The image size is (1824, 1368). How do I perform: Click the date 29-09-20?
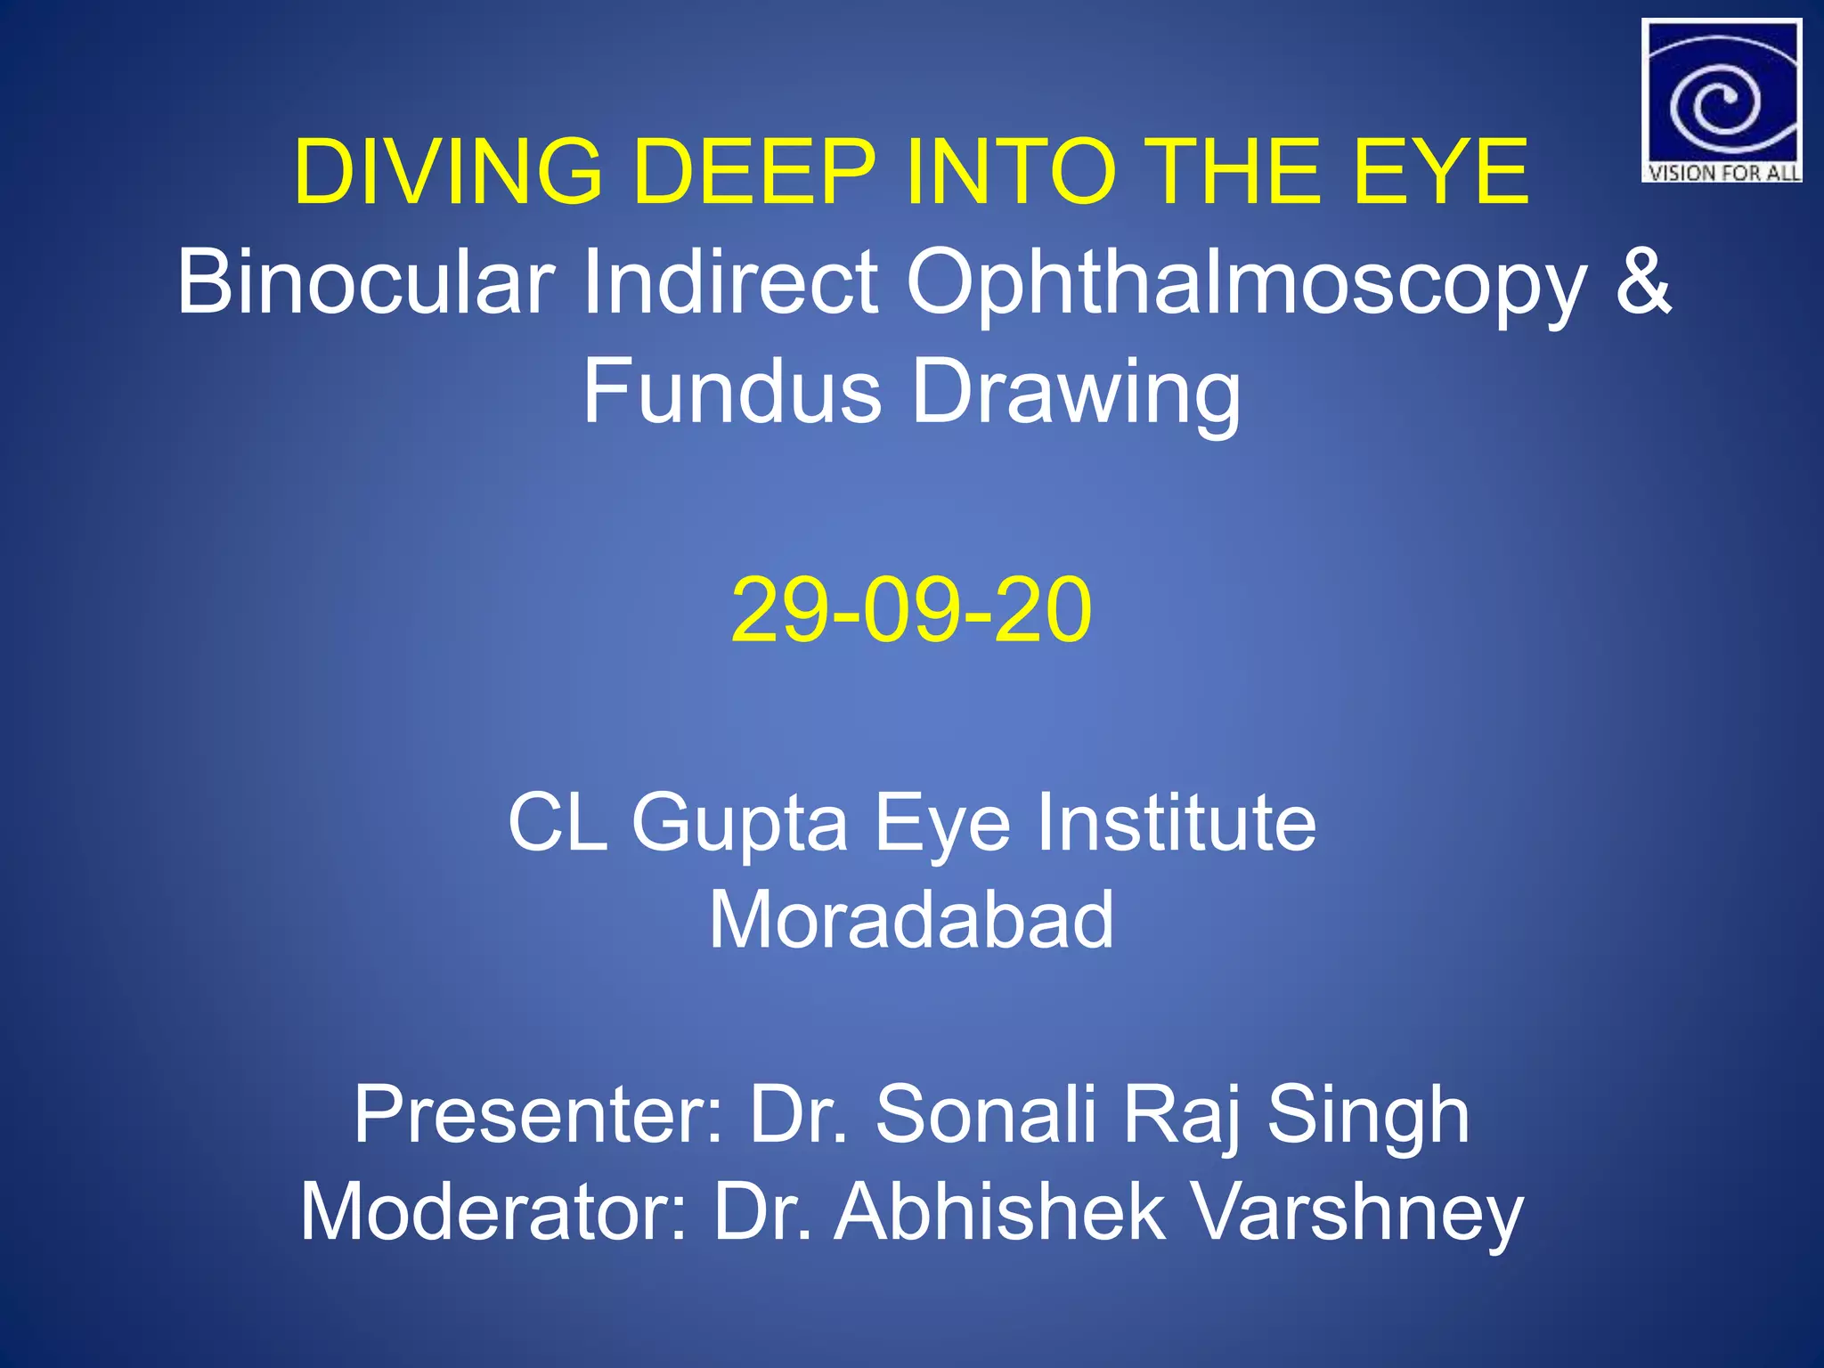[x=911, y=610]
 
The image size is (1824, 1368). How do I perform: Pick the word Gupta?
[x=739, y=824]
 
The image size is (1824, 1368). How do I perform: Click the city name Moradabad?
[x=911, y=920]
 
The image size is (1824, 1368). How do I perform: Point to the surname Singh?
[x=1368, y=1118]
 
